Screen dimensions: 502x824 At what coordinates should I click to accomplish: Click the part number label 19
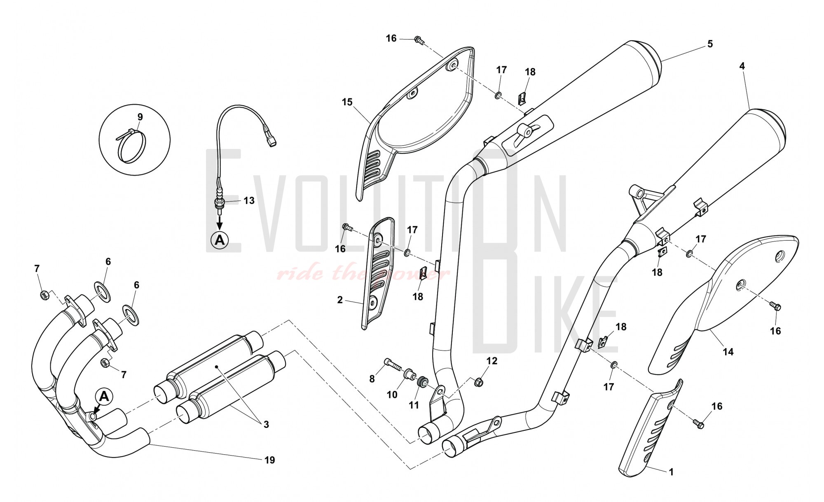click(269, 460)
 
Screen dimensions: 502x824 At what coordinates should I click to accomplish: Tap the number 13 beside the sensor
click(249, 201)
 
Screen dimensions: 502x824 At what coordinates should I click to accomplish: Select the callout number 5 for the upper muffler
click(710, 44)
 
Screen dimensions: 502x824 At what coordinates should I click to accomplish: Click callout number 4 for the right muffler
click(742, 66)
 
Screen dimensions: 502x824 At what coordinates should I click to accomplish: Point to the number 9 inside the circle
click(140, 117)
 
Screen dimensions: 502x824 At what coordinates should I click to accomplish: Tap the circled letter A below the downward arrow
click(220, 239)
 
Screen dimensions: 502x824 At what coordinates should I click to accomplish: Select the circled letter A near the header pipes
click(104, 397)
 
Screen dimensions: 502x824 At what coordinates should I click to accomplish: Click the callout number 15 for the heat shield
click(347, 102)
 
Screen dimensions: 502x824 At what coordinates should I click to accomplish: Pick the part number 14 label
click(728, 352)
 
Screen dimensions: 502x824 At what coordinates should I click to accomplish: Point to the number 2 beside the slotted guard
click(340, 300)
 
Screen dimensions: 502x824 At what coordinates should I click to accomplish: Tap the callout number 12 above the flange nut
click(492, 361)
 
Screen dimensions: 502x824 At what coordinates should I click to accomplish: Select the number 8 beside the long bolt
click(372, 379)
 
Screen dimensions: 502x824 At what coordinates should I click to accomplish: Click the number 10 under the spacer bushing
click(392, 395)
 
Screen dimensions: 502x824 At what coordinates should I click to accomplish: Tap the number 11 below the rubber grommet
click(414, 405)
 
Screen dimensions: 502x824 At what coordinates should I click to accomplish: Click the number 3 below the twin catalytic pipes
click(266, 424)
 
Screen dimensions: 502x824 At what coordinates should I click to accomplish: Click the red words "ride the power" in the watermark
click(363, 274)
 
